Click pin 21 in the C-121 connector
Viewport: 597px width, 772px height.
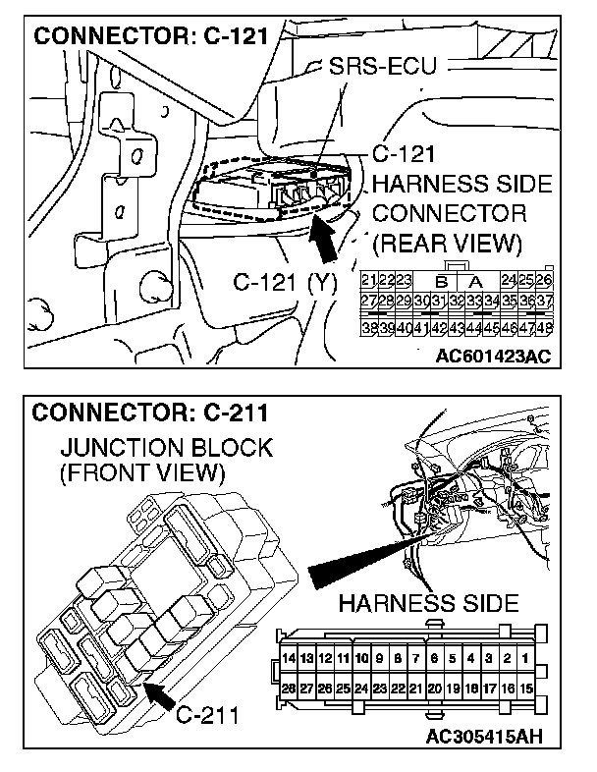[368, 280]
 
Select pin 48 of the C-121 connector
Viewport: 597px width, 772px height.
[546, 327]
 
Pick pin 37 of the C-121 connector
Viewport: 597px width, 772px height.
[546, 300]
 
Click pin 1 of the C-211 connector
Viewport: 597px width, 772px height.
[528, 656]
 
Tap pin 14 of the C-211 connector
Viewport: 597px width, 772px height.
[288, 656]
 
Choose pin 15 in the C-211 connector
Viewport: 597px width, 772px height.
[528, 690]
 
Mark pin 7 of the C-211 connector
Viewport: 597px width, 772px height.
[416, 656]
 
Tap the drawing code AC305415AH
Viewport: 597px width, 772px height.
[486, 736]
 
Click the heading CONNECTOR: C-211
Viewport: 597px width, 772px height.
[152, 413]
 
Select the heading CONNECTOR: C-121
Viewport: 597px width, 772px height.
[152, 37]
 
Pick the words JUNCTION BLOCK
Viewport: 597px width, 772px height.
[166, 448]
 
